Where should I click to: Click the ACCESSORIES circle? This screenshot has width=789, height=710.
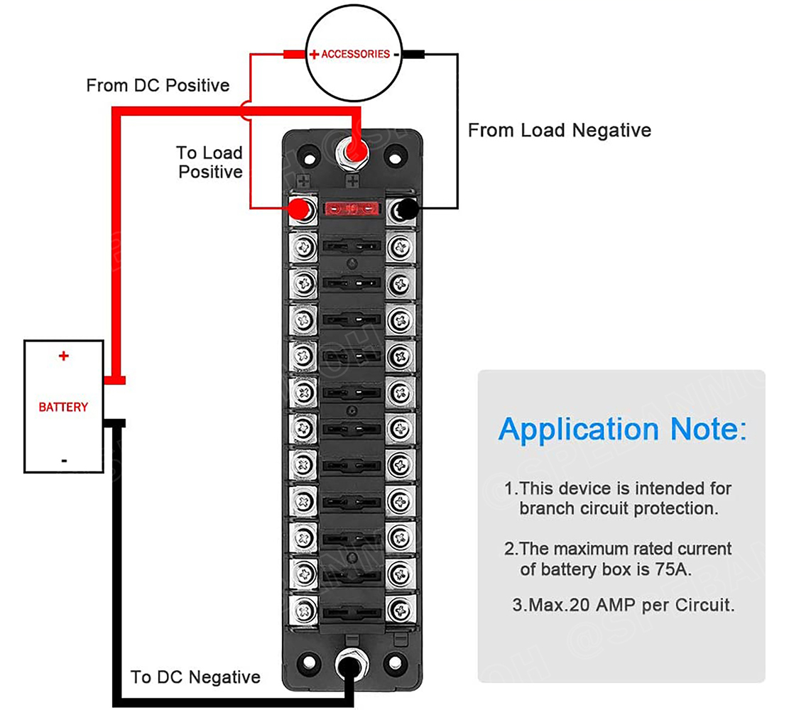(354, 54)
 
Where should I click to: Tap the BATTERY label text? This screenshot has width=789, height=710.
(63, 408)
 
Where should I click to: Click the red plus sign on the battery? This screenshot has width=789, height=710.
(64, 356)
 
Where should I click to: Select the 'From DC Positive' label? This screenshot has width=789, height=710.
(158, 86)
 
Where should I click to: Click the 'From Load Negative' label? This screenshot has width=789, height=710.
(559, 131)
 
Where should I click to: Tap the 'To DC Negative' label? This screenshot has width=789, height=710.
(195, 677)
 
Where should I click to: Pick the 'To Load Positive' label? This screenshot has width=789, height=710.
(210, 163)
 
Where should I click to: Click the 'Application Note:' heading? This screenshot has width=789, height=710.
(622, 430)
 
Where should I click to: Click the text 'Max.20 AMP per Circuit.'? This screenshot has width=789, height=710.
(623, 606)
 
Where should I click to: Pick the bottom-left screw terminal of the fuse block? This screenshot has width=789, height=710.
(304, 609)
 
